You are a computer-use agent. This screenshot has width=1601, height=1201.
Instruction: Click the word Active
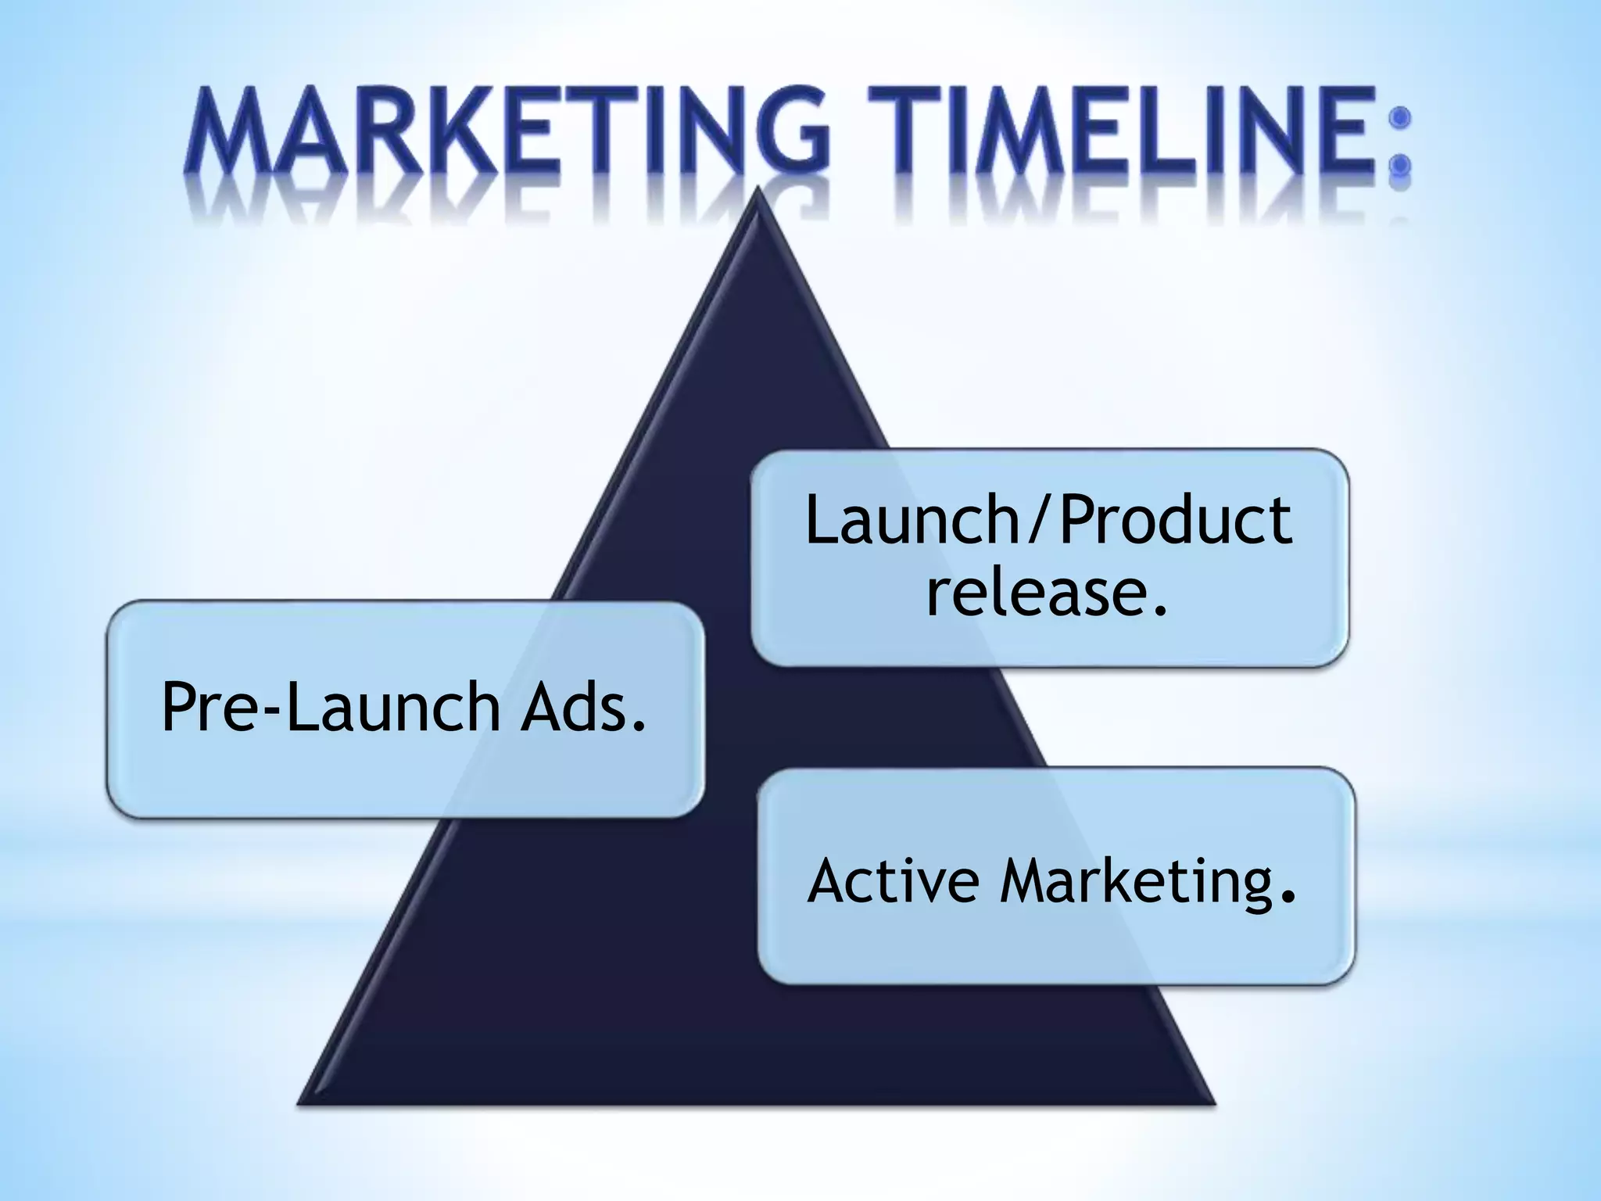(893, 882)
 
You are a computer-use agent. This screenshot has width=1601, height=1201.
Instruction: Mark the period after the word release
(1160, 609)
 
